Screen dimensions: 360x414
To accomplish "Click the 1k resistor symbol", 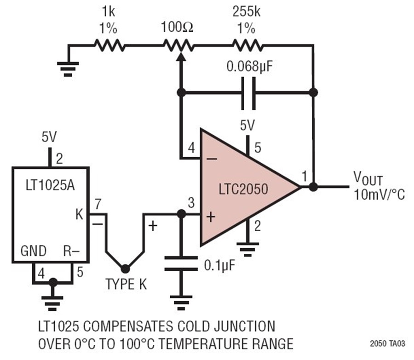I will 109,45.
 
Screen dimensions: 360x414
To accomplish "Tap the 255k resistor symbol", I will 248,45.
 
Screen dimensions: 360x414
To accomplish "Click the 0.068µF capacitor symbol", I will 248,92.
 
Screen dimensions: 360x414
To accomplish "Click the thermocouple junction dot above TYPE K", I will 124,268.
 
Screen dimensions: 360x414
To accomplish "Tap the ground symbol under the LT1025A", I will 53,301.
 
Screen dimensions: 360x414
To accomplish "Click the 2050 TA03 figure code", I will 387,343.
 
